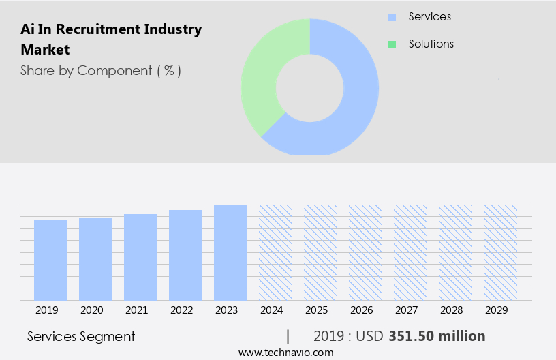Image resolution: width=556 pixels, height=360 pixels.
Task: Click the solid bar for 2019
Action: click(x=50, y=260)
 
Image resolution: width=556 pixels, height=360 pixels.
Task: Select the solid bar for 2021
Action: click(x=140, y=257)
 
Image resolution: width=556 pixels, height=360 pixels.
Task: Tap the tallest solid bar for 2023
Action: click(x=230, y=252)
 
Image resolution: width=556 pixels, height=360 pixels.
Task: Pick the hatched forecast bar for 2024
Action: click(x=275, y=252)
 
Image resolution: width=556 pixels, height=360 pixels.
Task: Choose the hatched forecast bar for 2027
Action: click(x=410, y=252)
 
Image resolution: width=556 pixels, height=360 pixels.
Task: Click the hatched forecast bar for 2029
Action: click(x=500, y=252)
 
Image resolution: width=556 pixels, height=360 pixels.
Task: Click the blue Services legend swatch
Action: click(x=392, y=17)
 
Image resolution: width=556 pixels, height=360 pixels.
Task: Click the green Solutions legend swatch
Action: click(x=392, y=44)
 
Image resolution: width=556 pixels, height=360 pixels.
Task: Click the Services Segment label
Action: click(x=81, y=336)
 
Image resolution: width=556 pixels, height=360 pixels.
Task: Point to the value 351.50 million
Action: click(x=437, y=336)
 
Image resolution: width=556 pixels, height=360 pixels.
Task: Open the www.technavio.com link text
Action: click(x=286, y=352)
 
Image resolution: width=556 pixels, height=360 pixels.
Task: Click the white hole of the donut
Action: click(x=310, y=87)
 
